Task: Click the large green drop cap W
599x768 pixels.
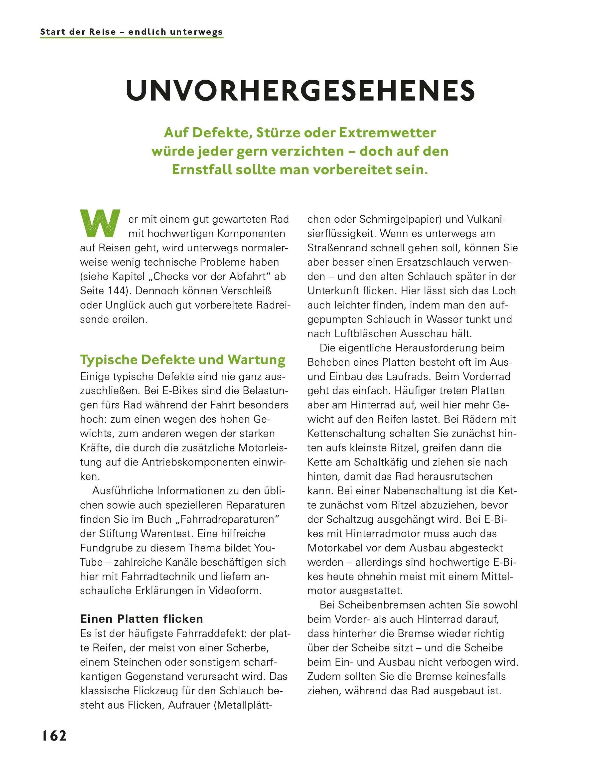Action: tap(100, 223)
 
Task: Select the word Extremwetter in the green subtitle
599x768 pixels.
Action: tap(387, 133)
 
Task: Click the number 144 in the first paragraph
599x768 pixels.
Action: tap(114, 291)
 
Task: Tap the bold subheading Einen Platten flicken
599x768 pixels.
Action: tap(142, 618)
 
